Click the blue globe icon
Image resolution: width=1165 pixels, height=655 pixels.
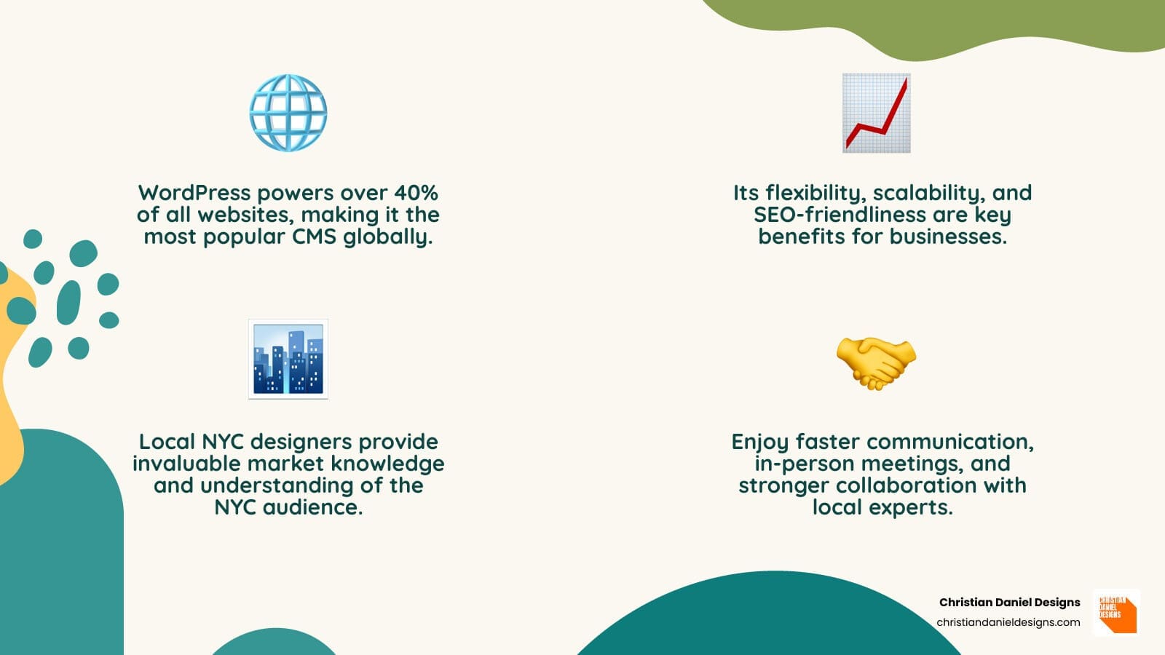[x=288, y=113]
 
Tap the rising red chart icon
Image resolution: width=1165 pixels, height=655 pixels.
[x=877, y=113]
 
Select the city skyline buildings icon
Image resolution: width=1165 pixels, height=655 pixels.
[x=288, y=360]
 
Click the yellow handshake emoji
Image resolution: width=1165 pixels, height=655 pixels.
[x=877, y=363]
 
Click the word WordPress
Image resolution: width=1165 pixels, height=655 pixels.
[x=194, y=193]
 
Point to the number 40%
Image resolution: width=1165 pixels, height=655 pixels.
[x=416, y=193]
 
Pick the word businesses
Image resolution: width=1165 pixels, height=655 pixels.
[x=948, y=237]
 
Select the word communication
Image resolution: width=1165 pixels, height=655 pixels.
[x=951, y=442]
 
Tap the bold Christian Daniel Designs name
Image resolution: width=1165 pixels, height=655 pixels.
[x=1009, y=603]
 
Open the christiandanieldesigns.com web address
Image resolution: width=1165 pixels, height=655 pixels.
[x=1008, y=622]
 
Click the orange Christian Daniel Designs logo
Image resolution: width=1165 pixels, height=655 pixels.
[x=1117, y=613]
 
